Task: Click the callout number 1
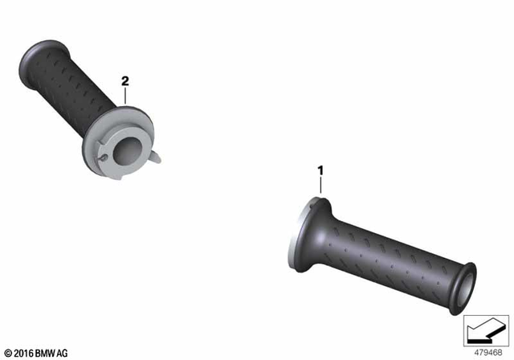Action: click(320, 170)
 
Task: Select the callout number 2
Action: click(124, 81)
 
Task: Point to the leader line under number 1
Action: click(320, 186)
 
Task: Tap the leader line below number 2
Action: click(124, 97)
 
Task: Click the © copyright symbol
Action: click(8, 351)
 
